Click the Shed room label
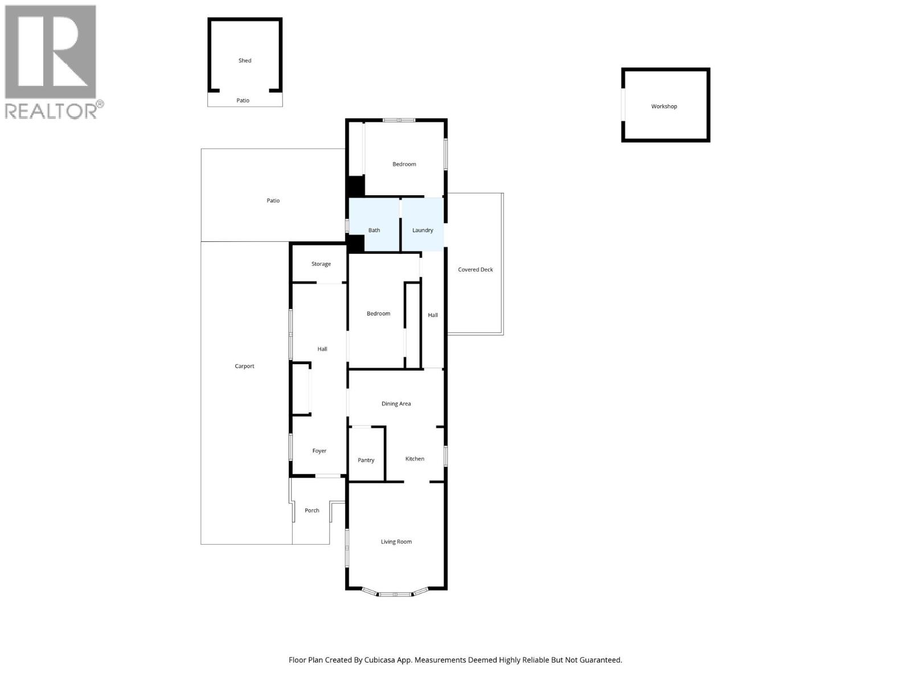[245, 60]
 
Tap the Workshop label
[664, 106]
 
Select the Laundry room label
[422, 231]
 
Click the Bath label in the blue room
[374, 231]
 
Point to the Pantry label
[366, 460]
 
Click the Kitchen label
[415, 459]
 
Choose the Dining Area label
[396, 404]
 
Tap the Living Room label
[396, 542]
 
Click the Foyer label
[319, 451]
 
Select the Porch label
[312, 511]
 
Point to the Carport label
[245, 367]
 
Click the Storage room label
[321, 264]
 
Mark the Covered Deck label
[475, 270]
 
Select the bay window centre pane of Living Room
[396, 594]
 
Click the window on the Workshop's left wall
[623, 105]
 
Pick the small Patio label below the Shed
[243, 101]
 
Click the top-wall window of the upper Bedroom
[399, 120]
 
